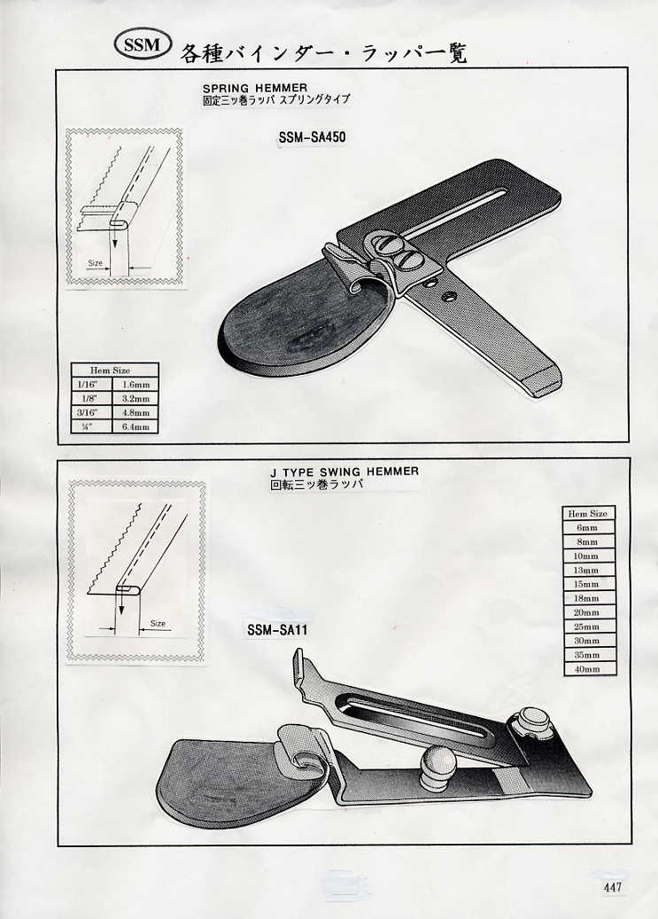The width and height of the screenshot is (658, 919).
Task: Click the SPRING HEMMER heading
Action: tap(254, 89)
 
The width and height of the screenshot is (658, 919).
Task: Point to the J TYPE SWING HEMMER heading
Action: tap(344, 471)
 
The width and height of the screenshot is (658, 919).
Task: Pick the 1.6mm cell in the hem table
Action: tap(136, 384)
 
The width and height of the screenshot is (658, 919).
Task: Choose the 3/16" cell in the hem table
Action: tap(91, 412)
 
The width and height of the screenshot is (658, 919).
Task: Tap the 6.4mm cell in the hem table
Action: tap(136, 426)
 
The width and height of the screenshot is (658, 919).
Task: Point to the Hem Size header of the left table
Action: tap(114, 370)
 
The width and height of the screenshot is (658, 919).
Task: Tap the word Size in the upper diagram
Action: tap(95, 263)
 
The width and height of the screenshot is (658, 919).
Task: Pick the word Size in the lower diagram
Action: tap(158, 624)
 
